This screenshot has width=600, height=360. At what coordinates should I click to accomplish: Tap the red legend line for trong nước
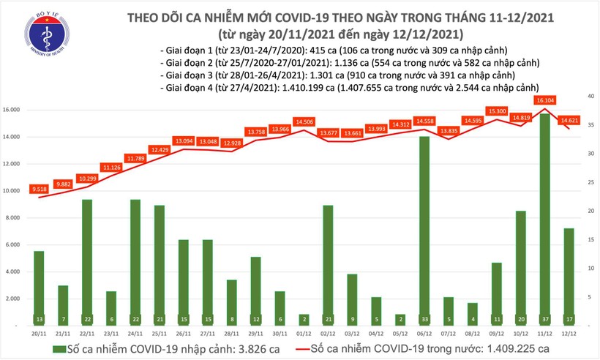[337, 347]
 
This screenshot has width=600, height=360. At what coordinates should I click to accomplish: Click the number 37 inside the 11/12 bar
[546, 319]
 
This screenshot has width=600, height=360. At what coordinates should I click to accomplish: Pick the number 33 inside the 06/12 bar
[424, 319]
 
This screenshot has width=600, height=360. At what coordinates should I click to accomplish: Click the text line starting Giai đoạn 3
[329, 75]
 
